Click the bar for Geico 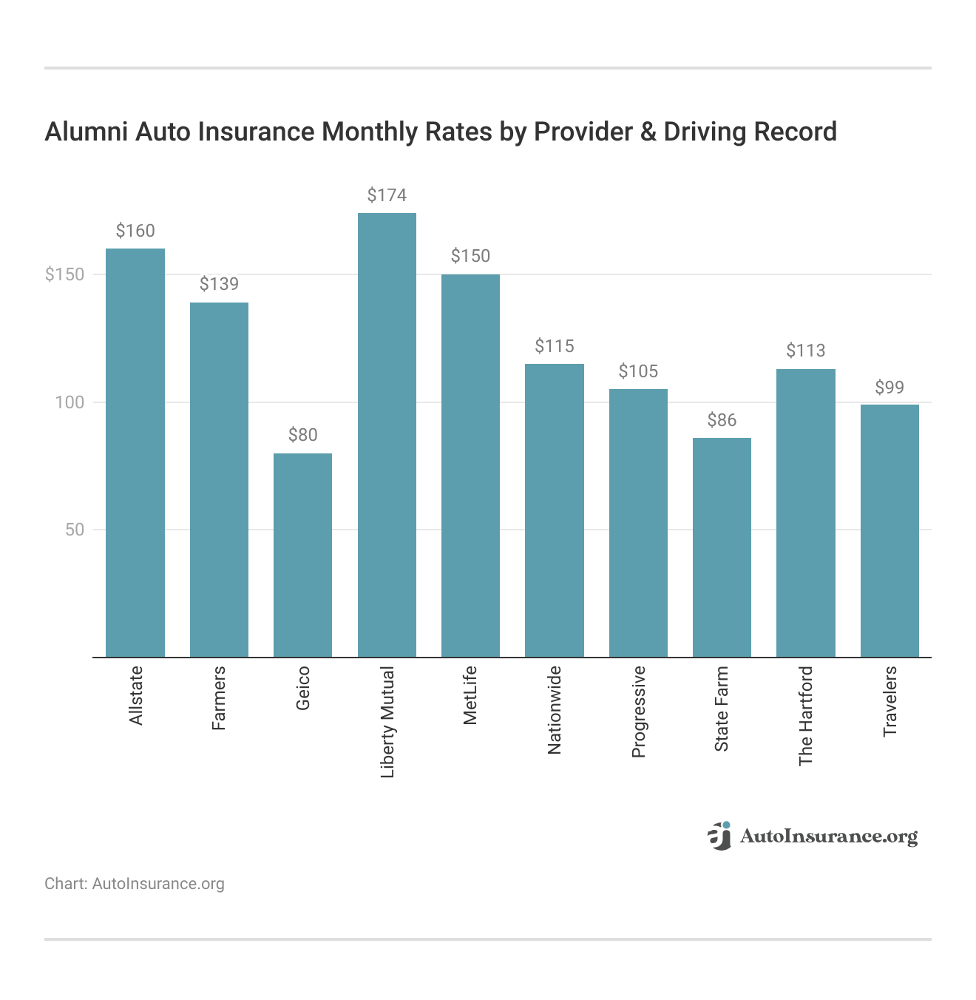(302, 555)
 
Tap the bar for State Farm (722, 547)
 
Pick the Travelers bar (889, 530)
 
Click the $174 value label (387, 195)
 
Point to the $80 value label (302, 435)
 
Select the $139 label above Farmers (219, 284)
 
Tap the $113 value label (805, 351)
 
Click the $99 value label (889, 388)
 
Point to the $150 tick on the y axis (65, 274)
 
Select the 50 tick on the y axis (75, 530)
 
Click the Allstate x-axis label (136, 695)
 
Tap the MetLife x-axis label (470, 695)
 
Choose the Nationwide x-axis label (555, 710)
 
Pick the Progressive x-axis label (639, 712)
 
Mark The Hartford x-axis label (806, 716)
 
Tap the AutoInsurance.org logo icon (719, 836)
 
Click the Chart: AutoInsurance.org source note (135, 884)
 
